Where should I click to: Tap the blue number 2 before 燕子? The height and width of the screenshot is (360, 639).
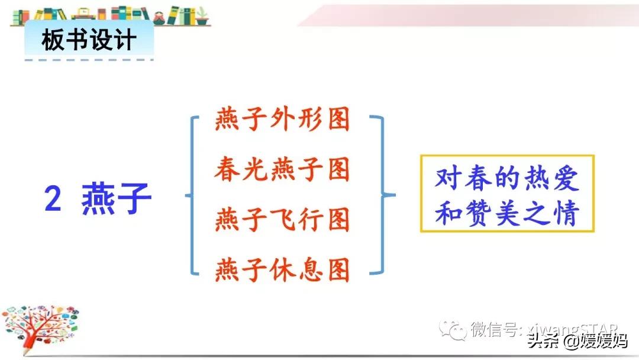[53, 200]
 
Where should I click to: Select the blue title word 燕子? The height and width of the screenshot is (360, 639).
[117, 200]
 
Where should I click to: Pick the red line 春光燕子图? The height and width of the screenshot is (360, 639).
[283, 170]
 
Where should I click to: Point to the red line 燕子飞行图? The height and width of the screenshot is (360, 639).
[283, 220]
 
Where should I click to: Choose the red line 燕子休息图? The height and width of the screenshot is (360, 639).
[283, 270]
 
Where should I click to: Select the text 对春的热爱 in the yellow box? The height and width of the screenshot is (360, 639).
[506, 179]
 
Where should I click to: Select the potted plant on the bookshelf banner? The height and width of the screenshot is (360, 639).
[203, 16]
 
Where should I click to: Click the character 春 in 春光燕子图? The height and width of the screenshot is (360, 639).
[227, 170]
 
